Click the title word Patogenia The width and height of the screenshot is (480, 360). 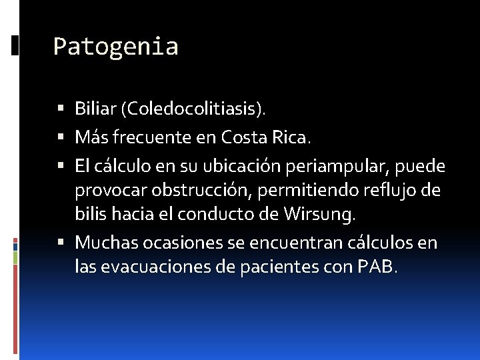[x=115, y=47]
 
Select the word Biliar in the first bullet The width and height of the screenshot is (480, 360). [x=96, y=109]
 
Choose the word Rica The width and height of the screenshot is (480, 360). [x=292, y=137]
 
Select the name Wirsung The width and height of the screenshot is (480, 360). [x=319, y=214]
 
